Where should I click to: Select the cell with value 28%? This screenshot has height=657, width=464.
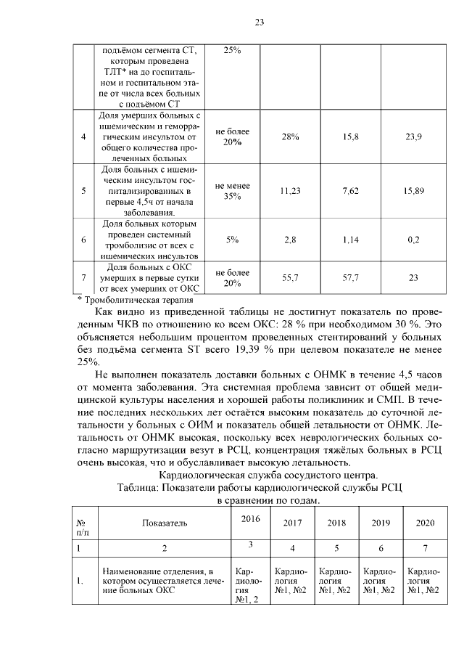(x=290, y=136)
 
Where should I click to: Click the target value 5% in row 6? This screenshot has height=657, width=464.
(x=232, y=239)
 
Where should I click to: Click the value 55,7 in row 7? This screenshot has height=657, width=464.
(x=290, y=277)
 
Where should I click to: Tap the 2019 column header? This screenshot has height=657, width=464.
(x=381, y=523)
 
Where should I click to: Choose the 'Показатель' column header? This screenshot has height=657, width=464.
(x=164, y=523)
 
